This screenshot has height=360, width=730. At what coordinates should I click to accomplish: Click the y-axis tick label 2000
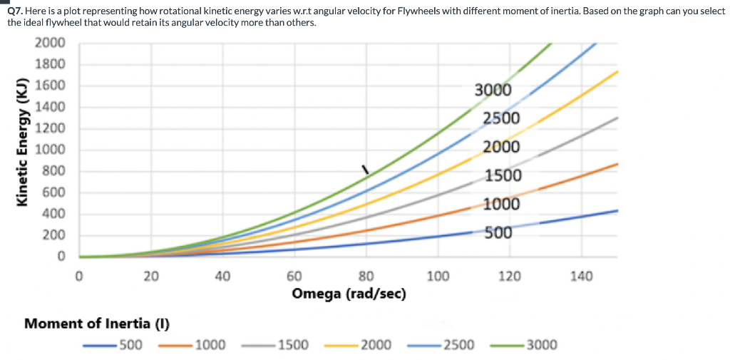pyautogui.click(x=50, y=43)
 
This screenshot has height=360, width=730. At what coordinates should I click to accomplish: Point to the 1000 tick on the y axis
pyautogui.click(x=50, y=150)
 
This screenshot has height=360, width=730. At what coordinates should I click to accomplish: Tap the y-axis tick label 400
pyautogui.click(x=54, y=214)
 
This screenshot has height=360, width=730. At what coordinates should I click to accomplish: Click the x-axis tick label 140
pyautogui.click(x=582, y=277)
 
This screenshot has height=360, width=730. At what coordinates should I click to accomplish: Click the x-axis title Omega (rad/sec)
pyautogui.click(x=349, y=294)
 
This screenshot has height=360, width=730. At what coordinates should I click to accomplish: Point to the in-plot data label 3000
pyautogui.click(x=493, y=91)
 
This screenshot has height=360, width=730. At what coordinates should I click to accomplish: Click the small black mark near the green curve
pyautogui.click(x=365, y=170)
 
